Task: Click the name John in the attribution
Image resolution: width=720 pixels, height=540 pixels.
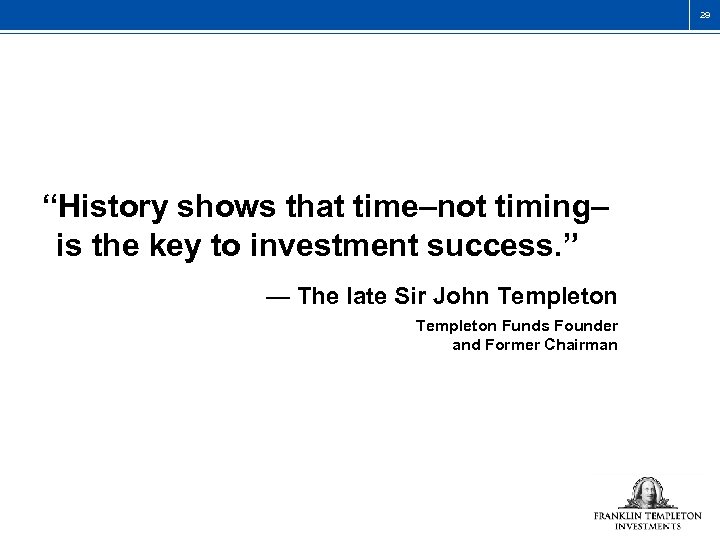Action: [454, 297]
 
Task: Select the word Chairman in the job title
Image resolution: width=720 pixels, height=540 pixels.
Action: [588, 345]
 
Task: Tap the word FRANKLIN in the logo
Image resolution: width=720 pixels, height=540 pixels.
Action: [619, 516]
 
